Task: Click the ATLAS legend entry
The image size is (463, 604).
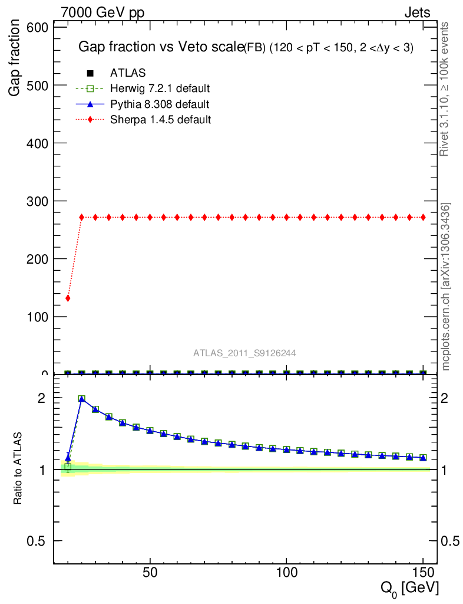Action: click(128, 73)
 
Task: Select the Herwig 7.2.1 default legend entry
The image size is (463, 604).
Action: click(160, 88)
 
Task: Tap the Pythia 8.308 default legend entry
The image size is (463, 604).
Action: click(160, 104)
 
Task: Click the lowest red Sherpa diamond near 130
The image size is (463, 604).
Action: click(68, 298)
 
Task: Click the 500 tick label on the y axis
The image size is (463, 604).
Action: click(39, 86)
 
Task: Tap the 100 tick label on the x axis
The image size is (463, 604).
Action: click(286, 574)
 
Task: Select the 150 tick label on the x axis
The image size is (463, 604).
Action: click(422, 574)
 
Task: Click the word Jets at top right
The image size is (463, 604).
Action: click(416, 12)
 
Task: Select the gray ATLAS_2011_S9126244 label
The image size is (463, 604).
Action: click(244, 353)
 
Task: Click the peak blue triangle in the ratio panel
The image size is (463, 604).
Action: click(81, 399)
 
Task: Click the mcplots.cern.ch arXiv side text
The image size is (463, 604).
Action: click(446, 287)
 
